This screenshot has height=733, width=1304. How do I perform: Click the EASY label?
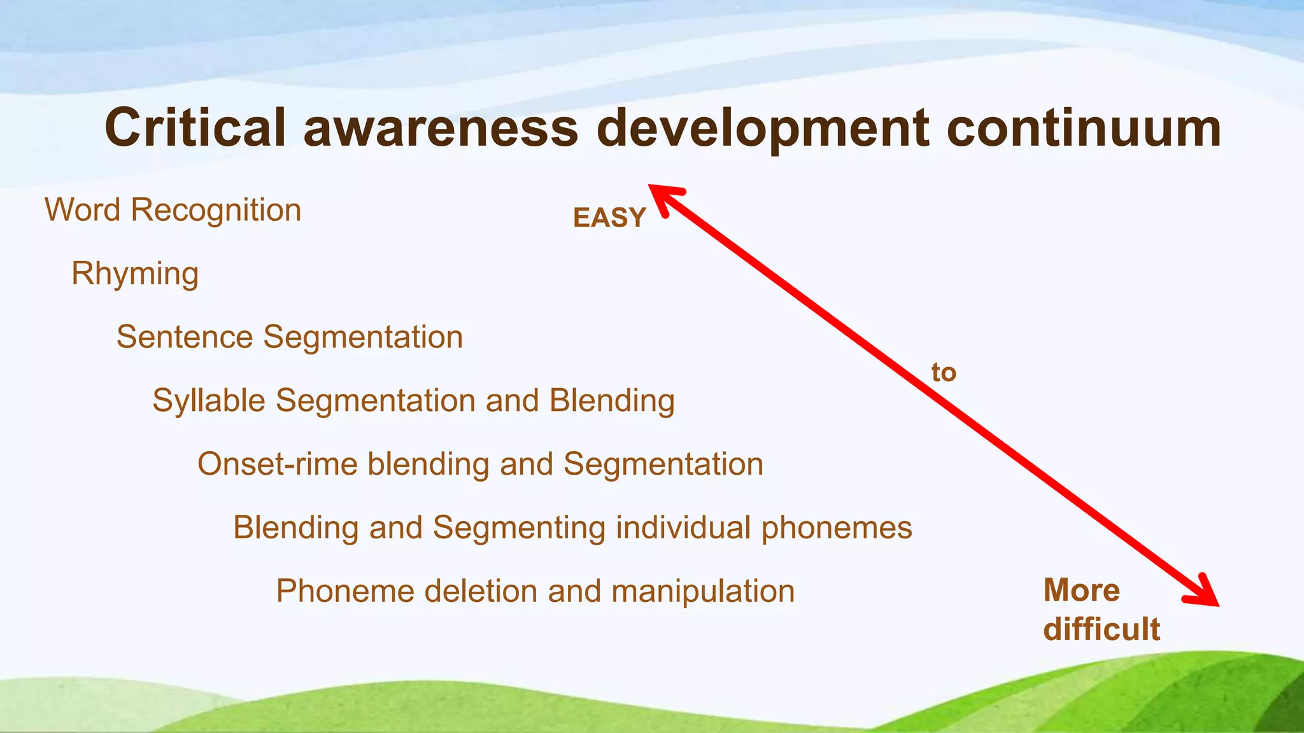[x=609, y=218]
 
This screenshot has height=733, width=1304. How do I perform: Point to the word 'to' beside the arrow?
[x=944, y=372]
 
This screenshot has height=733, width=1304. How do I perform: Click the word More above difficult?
[x=1081, y=590]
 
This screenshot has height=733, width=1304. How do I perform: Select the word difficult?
[x=1102, y=629]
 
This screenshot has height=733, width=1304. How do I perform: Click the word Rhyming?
[x=135, y=274]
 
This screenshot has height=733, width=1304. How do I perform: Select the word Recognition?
[x=216, y=211]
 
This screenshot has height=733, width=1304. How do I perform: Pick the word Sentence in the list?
[x=185, y=337]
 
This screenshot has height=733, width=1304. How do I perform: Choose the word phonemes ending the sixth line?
[x=837, y=529]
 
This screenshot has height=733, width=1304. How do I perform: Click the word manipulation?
[x=703, y=592]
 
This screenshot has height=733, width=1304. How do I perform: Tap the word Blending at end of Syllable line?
[x=612, y=401]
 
